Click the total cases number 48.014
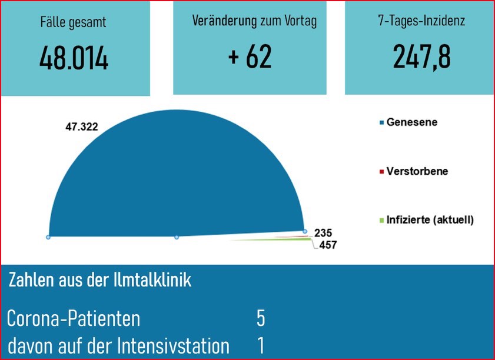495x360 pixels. point(74,58)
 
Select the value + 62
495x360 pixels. point(250,57)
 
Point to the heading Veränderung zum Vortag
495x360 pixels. point(254,22)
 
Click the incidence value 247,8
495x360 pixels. point(422,57)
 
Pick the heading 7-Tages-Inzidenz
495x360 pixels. point(421,22)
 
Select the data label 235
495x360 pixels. point(323,232)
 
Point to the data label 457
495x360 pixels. point(327,245)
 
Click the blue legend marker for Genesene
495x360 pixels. point(382,123)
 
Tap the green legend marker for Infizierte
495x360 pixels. point(382,221)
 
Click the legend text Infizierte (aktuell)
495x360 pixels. point(430,220)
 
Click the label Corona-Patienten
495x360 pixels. point(74,319)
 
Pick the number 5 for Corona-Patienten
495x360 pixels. point(261,318)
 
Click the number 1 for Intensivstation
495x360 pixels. point(261,346)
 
